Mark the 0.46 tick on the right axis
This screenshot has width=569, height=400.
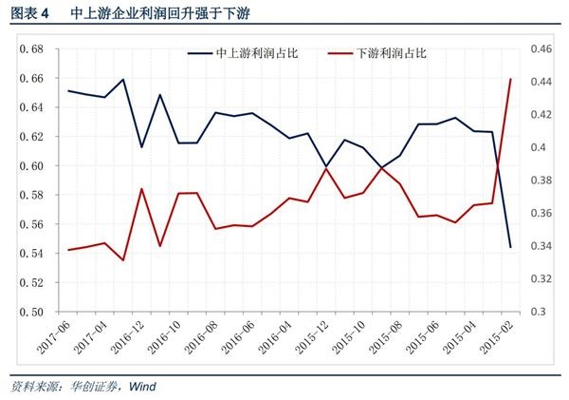tap(540, 48)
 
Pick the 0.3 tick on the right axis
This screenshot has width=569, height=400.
tap(536, 312)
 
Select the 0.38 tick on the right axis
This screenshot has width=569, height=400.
tap(540, 181)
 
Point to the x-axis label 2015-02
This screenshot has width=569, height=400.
tap(498, 338)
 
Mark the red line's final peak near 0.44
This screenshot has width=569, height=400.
tap(512, 80)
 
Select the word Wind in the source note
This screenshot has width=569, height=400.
tap(141, 387)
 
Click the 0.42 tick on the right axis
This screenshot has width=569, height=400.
tap(540, 114)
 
